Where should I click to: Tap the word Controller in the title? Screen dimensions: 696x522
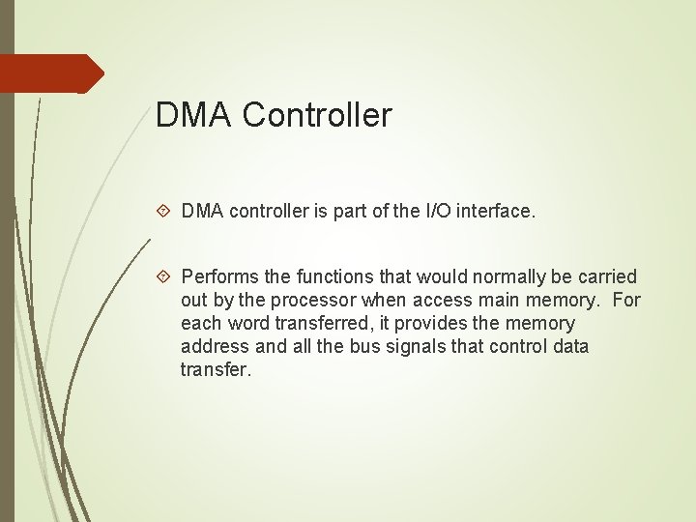(x=317, y=115)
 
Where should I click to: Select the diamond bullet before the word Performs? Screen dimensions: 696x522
(x=164, y=277)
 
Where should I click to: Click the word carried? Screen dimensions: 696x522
(x=606, y=277)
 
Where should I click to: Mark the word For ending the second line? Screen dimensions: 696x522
(x=626, y=301)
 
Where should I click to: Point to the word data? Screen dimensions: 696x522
(x=568, y=347)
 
